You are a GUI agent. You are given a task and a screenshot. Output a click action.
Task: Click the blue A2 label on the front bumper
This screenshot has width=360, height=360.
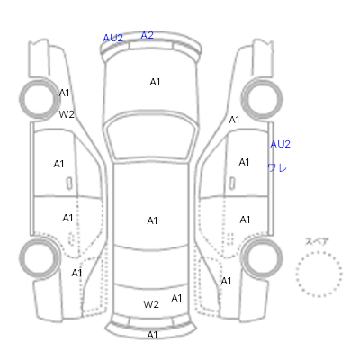(x=148, y=35)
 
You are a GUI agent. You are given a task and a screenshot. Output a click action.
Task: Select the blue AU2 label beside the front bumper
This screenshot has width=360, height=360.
(x=112, y=38)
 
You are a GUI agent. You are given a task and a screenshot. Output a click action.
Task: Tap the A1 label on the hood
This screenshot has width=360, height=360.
(x=155, y=82)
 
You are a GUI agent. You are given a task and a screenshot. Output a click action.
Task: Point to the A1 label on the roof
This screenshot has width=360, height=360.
(x=152, y=220)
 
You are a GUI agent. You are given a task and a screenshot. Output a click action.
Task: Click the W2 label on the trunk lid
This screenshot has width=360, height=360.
(x=151, y=304)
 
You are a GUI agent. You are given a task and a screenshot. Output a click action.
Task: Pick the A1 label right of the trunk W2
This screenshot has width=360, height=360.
(x=176, y=298)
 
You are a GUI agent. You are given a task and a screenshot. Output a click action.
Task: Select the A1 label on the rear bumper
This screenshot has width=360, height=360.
(x=152, y=335)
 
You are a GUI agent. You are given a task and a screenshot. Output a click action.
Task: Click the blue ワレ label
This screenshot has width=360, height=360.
(x=277, y=167)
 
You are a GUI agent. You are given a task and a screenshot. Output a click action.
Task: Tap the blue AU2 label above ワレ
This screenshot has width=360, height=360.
(x=281, y=144)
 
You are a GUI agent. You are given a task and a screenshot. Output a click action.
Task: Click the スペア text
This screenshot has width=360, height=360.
(x=317, y=241)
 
